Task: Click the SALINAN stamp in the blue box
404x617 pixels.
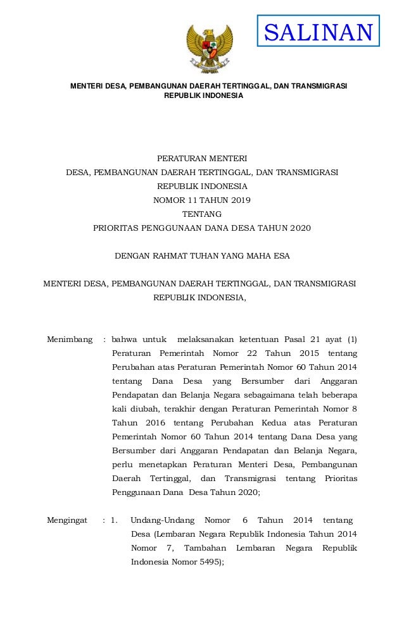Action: pos(318,32)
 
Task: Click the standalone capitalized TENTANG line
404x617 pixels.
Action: pos(202,215)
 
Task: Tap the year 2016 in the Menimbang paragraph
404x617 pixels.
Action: pos(149,422)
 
